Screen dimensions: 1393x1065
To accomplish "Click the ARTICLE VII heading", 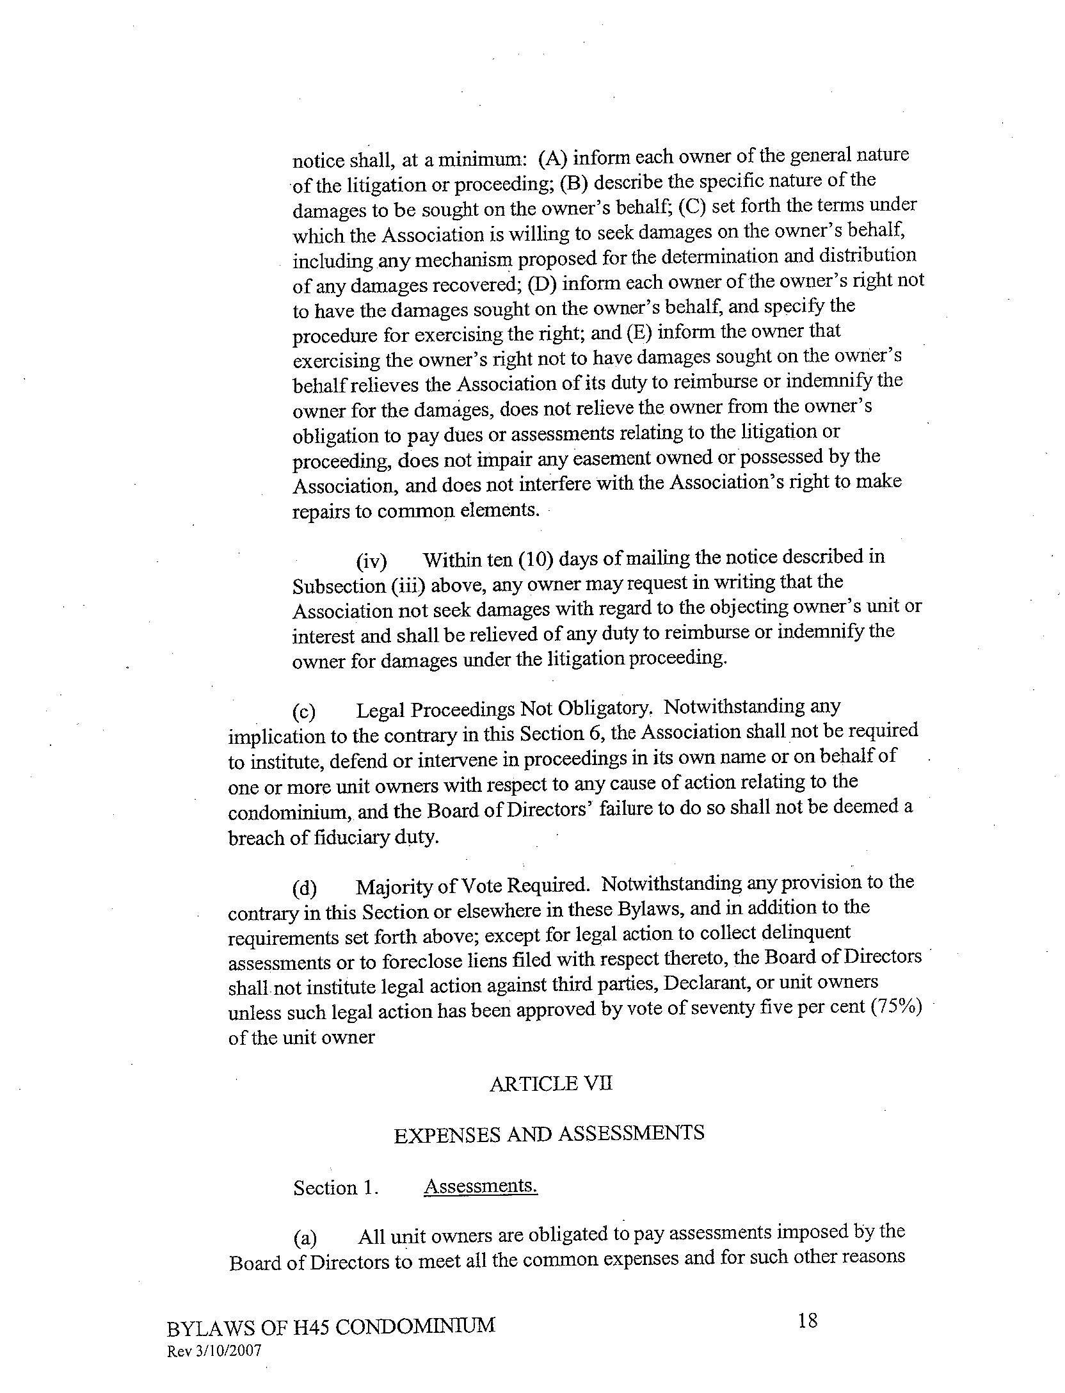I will [x=550, y=1083].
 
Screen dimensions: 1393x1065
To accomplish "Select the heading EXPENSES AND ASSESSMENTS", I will [x=549, y=1134].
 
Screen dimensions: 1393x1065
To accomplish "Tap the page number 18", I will [x=808, y=1320].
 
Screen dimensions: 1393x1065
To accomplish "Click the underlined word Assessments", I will [x=480, y=1186].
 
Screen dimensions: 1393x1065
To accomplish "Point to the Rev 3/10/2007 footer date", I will [x=214, y=1351].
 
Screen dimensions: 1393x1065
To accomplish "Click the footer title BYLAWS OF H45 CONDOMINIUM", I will [x=330, y=1325].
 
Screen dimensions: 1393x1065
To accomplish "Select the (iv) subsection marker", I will [x=371, y=561].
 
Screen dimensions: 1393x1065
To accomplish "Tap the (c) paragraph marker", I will [x=305, y=711].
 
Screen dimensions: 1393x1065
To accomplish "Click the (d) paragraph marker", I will [x=305, y=889].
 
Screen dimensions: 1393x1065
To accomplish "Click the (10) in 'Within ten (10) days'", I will [x=536, y=559].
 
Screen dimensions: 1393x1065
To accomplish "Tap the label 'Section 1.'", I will [x=335, y=1188].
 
